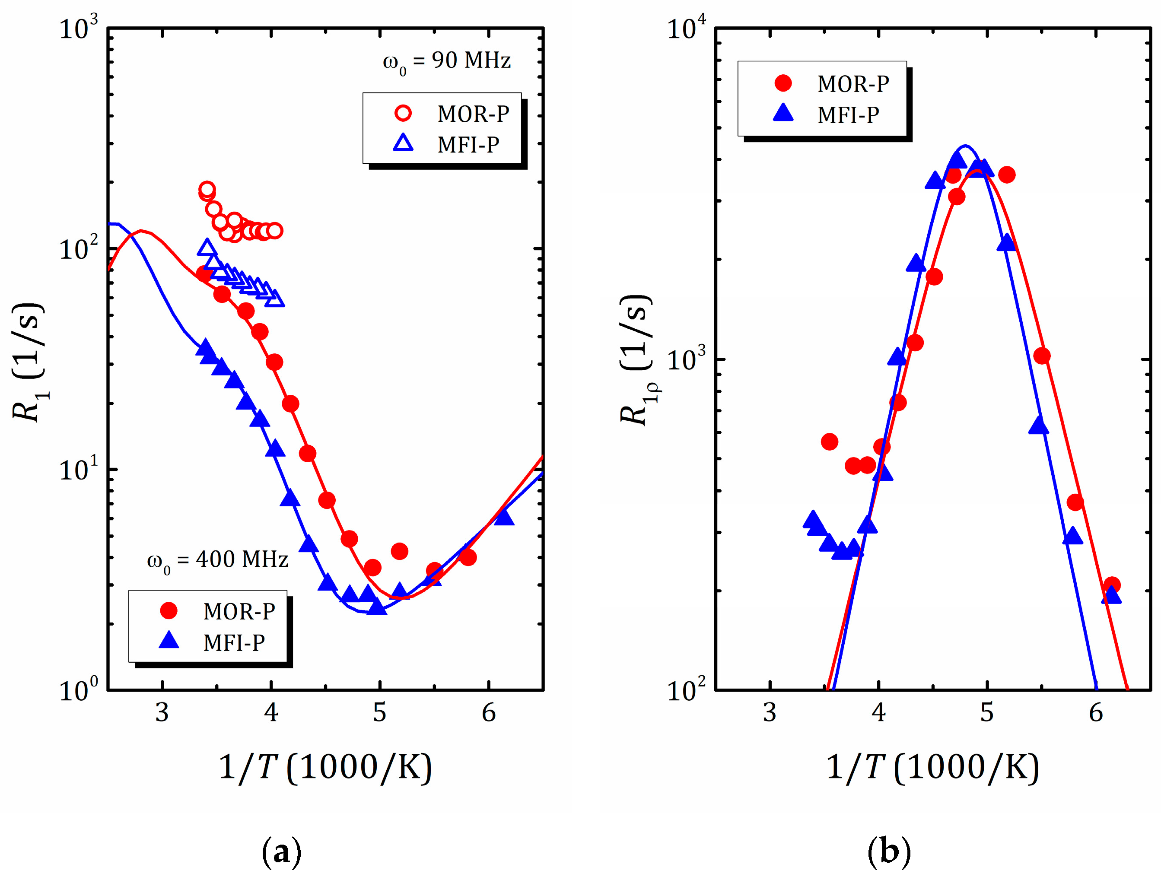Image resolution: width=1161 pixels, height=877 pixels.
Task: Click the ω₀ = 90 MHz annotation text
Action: point(446,61)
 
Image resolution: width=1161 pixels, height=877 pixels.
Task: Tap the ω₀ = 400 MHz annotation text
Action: point(218,560)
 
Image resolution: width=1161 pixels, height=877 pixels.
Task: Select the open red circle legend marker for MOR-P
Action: point(403,113)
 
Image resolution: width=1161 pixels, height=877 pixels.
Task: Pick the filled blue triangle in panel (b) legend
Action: point(783,113)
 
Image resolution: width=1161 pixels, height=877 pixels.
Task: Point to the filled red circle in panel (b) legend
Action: point(783,83)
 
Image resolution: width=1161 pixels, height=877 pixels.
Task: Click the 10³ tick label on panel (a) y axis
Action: point(78,29)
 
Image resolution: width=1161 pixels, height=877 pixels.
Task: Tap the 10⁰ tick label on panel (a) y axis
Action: point(78,689)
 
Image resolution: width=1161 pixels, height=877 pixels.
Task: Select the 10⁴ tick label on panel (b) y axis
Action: point(686,29)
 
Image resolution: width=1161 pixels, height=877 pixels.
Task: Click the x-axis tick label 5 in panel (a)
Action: point(379,713)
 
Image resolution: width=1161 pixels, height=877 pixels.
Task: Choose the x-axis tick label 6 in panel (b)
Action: point(1095,713)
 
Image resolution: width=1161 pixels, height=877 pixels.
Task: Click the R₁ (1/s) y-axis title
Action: point(29,362)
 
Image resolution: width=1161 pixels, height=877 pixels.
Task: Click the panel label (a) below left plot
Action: point(281,851)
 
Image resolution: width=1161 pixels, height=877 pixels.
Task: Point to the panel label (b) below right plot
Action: point(889,851)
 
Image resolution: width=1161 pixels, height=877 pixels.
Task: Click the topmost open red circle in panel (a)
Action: point(207,189)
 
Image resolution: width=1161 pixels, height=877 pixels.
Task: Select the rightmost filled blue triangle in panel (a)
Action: point(504,518)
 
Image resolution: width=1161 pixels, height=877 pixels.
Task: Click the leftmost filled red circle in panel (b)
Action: point(829,442)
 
